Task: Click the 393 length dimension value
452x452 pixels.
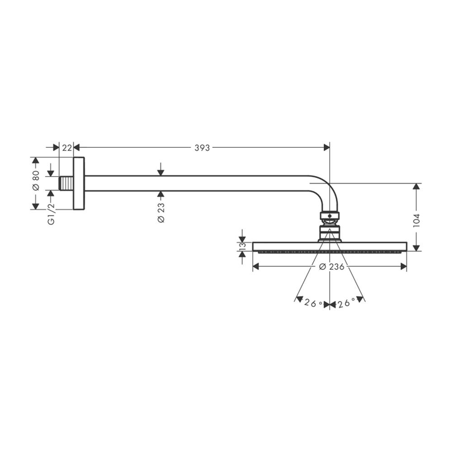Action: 202,148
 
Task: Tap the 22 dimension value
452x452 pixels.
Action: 67,148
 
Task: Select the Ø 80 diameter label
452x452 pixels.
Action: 36,180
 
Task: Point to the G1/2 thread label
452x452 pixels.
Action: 51,214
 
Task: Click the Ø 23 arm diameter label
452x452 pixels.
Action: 161,213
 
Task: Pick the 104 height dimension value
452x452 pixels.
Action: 416,221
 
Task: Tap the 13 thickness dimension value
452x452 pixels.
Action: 242,246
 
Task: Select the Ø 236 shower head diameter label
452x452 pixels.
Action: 331,267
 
